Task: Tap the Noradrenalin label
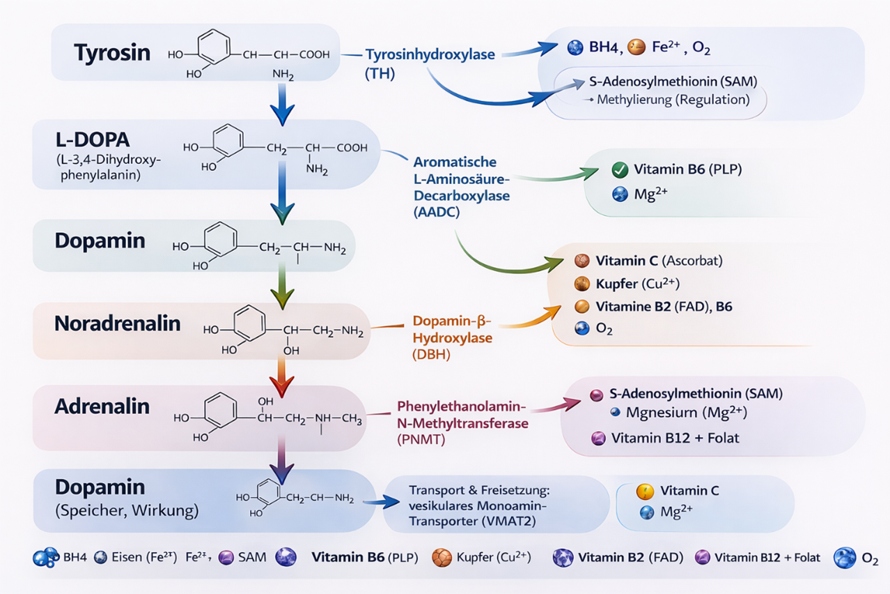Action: point(118,323)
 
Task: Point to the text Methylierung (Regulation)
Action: point(673,100)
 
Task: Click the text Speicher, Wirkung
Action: point(126,510)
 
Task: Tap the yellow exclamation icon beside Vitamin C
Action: point(646,492)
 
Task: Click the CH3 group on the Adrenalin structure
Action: point(352,418)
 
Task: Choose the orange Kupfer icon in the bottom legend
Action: point(442,558)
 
